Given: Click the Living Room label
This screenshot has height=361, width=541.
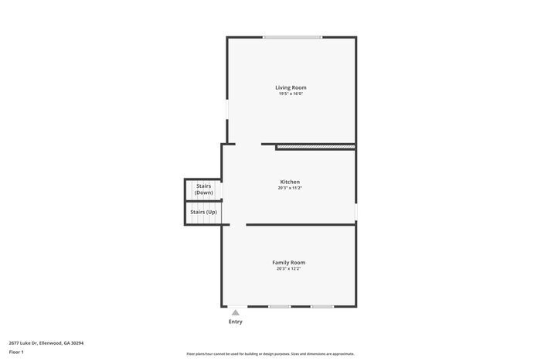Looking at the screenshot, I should pos(291,87).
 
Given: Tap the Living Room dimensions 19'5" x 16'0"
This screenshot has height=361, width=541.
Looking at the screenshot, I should pos(291,94).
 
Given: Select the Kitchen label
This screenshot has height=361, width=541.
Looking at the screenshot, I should pos(290,182).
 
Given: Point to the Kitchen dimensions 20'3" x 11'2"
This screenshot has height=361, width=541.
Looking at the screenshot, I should pos(290,188).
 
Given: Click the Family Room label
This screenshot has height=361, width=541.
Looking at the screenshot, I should pos(288,262).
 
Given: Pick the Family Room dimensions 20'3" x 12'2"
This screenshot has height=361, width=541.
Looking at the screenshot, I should pos(288,268).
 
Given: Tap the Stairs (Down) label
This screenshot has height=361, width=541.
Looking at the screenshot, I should pos(203,189).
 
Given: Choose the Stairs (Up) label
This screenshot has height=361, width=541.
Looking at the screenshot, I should pos(203,212).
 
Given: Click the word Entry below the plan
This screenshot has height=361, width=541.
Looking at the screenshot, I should pos(236,322).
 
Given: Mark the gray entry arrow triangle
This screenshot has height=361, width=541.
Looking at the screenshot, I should pos(236,312).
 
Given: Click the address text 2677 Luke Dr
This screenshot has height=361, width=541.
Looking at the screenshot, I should pos(22,342).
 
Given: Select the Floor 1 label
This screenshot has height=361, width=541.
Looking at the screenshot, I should pos(16,352).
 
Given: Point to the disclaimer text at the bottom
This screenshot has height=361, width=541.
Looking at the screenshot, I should pos(270,353).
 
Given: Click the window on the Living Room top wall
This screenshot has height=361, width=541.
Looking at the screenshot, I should pos(292,37).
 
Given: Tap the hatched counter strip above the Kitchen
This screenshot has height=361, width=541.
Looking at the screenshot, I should pos(315,145).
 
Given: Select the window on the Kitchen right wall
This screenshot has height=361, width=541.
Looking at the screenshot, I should pos(356,211).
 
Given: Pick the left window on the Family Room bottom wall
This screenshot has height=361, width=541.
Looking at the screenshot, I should pos(280,307).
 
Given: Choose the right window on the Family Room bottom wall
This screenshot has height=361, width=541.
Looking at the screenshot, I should pos(322,307).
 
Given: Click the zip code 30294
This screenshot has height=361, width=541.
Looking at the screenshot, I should pos(77,342).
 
